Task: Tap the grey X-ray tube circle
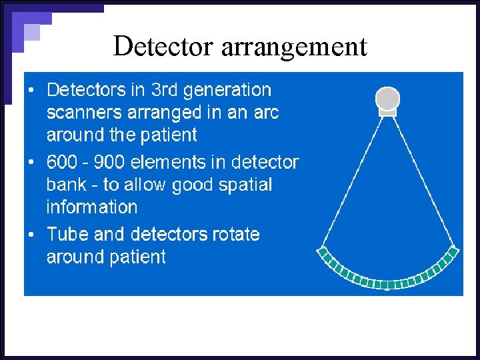pyautogui.click(x=387, y=99)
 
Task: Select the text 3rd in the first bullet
pyautogui.click(x=165, y=89)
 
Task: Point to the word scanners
pyautogui.click(x=85, y=113)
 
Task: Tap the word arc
pyautogui.click(x=265, y=113)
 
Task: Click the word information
pyautogui.click(x=91, y=207)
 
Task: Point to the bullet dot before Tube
pyautogui.click(x=32, y=235)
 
